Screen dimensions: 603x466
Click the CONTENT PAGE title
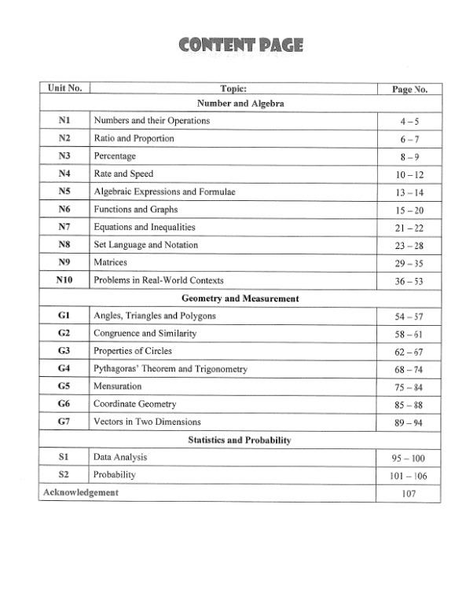(240, 46)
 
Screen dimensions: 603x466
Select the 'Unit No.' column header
(64, 89)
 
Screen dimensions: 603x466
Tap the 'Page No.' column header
(409, 90)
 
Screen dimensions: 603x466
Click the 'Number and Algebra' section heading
(240, 104)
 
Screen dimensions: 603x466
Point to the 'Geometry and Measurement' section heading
(240, 298)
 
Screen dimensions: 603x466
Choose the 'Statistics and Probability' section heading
(240, 440)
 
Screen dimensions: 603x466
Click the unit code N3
(64, 156)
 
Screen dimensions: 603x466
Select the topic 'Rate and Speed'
(123, 174)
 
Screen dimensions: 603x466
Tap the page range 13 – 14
(409, 192)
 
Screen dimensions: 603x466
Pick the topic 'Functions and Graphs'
(136, 210)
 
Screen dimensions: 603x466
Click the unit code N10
(64, 280)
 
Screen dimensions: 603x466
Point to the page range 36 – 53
(409, 281)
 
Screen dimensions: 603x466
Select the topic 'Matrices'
(110, 262)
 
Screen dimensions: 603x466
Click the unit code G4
(64, 369)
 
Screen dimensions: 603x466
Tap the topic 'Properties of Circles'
(133, 351)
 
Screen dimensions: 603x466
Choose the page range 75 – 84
(409, 388)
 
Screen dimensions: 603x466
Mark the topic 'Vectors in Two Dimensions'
(147, 422)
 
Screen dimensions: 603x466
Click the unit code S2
(64, 475)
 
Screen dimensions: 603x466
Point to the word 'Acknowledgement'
(81, 492)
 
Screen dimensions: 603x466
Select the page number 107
(409, 494)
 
